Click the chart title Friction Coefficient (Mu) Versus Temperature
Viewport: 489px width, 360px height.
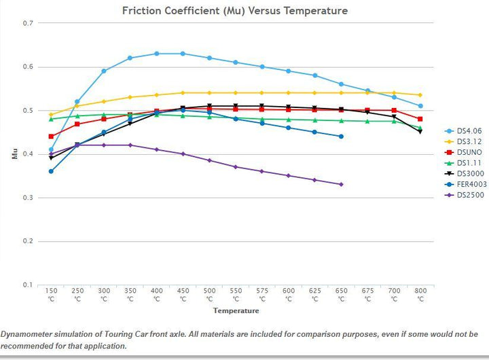tap(234, 10)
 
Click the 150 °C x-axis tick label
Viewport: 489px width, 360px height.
tap(51, 294)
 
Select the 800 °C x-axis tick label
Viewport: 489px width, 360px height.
tap(420, 294)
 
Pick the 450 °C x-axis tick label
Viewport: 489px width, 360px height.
tap(183, 294)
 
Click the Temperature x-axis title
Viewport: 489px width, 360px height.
tap(236, 311)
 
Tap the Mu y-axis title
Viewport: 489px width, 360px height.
tap(15, 154)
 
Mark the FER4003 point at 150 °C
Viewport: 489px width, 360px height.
tap(51, 171)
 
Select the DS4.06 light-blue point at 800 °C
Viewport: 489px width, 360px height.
tap(420, 106)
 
